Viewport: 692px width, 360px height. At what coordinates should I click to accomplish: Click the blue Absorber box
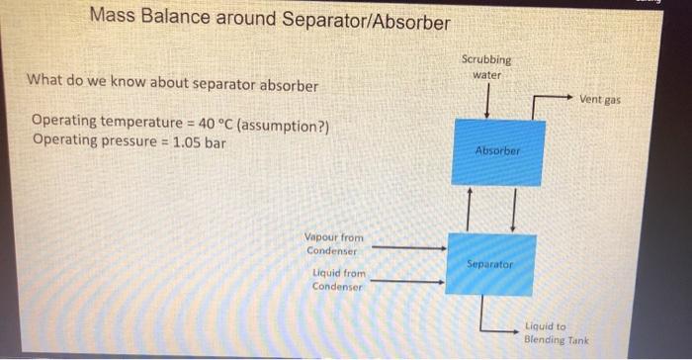point(497,151)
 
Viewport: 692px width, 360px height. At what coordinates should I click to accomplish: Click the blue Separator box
point(491,264)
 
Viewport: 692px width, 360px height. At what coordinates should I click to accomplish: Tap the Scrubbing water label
point(486,67)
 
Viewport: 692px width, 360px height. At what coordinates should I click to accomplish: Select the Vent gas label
point(600,99)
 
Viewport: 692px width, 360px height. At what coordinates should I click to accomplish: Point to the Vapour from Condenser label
point(334,243)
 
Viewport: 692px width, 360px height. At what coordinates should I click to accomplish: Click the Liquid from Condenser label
point(338,279)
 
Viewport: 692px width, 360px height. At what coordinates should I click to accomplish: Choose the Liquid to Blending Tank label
point(556,332)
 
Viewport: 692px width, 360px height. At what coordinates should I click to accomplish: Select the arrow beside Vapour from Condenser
point(408,248)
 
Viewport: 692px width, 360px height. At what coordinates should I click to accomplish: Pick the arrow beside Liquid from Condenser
point(406,282)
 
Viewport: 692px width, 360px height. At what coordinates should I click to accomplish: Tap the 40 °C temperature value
point(208,122)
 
